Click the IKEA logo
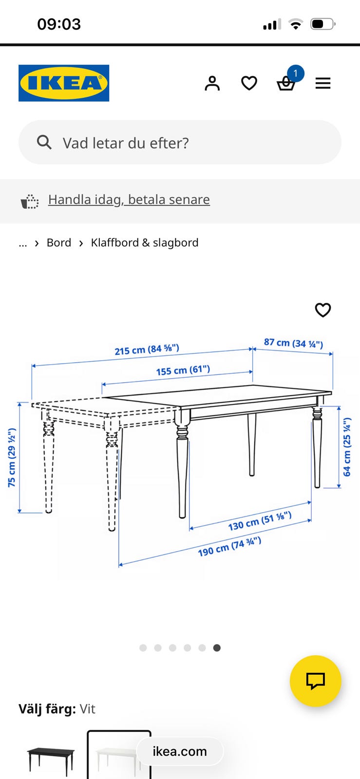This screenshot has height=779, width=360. point(64,83)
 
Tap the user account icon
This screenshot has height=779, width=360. point(212,83)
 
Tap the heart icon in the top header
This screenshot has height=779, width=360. point(249,83)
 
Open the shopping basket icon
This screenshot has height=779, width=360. point(286,83)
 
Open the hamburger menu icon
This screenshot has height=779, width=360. point(323,83)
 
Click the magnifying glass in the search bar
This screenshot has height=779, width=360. point(44,142)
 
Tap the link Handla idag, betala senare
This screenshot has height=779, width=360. point(129,200)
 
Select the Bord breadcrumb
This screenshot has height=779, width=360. point(59,243)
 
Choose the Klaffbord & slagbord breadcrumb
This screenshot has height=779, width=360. point(145,243)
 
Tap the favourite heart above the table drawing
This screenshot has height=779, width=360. point(323,310)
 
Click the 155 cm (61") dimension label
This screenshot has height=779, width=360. point(183,370)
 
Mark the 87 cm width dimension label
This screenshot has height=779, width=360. point(294,343)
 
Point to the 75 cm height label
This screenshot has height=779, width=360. point(12,458)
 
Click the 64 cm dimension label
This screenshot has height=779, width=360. point(347,447)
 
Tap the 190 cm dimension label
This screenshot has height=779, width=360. point(229,547)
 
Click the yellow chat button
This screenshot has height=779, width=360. point(316,681)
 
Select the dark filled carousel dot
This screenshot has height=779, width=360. point(217,648)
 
